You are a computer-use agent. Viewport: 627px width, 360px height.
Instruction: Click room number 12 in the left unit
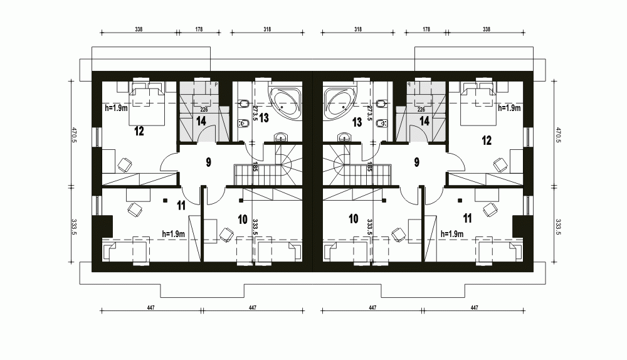tap(139, 131)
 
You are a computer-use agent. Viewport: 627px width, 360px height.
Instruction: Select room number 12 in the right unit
tap(487, 140)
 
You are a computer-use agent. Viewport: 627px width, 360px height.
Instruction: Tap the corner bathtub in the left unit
tap(285, 102)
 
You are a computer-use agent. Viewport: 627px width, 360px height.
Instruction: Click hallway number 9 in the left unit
tap(208, 162)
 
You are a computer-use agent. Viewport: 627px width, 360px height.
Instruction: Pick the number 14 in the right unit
tap(424, 121)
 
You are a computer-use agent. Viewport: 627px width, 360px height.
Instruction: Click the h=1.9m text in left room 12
tap(116, 108)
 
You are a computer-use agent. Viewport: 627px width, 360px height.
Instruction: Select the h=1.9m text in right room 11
tap(452, 234)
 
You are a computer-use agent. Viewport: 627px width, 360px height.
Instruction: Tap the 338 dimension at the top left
tap(139, 29)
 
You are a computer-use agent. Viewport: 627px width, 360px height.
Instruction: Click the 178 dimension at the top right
tap(426, 29)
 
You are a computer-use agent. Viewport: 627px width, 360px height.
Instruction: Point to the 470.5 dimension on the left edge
tap(74, 135)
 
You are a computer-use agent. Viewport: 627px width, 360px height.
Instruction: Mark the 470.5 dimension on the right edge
tap(557, 135)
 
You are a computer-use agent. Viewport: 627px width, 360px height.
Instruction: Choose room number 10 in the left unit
tap(242, 219)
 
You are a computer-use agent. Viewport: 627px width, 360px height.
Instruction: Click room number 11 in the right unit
tap(467, 218)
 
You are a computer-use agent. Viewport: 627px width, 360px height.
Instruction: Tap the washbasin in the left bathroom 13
tap(282, 137)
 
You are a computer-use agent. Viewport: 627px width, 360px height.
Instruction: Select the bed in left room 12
tap(147, 104)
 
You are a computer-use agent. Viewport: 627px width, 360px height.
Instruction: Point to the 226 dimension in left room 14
tap(204, 110)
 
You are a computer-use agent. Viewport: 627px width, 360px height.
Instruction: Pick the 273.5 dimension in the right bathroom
tap(369, 113)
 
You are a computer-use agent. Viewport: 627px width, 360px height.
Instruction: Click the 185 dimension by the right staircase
tap(369, 167)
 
